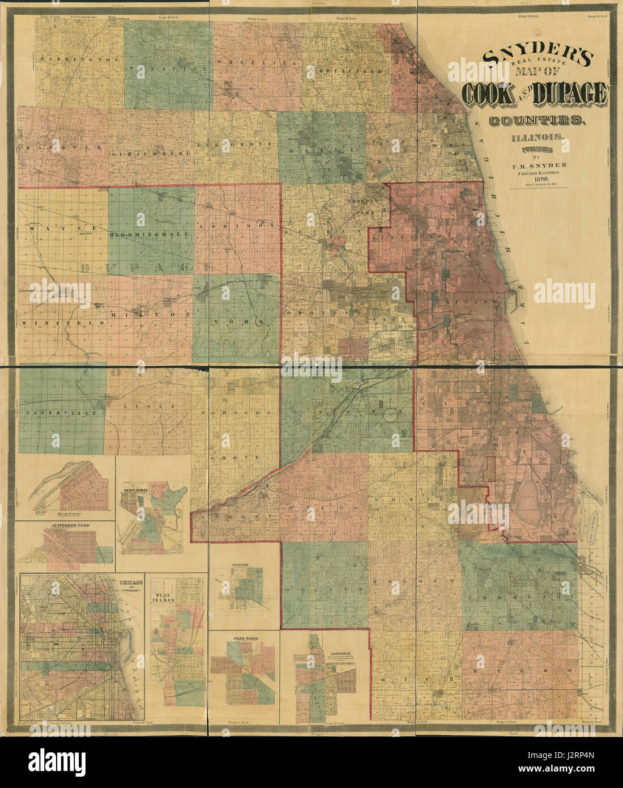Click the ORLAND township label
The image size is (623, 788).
coord(326,590)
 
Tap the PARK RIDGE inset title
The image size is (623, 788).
coord(245,639)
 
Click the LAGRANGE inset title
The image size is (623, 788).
coord(338,653)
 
